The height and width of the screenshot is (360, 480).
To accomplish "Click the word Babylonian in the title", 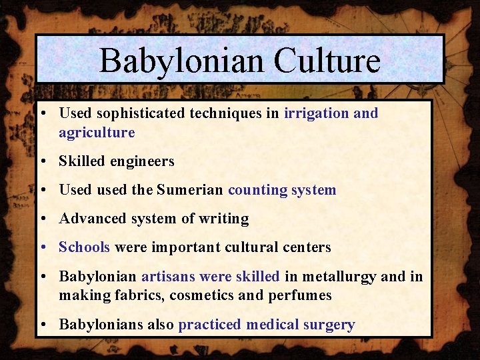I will (170, 61).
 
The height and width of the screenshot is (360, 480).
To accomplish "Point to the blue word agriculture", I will (97, 133).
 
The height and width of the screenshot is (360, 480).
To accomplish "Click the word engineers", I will (142, 161).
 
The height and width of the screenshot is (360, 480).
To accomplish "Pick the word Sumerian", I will (190, 190).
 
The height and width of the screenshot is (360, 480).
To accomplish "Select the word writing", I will (225, 219).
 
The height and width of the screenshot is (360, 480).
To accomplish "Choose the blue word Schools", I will (84, 247).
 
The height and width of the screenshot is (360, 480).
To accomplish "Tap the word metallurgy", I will (339, 276).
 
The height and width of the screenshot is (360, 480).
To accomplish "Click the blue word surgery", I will (327, 325).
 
